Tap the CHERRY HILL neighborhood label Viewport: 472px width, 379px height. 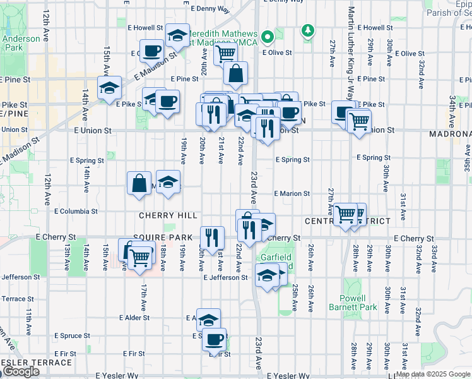pyautogui.click(x=168, y=215)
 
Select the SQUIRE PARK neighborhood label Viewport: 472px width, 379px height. pyautogui.click(x=162, y=237)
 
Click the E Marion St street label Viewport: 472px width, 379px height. pyautogui.click(x=292, y=194)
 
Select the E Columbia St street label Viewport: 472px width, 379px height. pyautogui.click(x=76, y=211)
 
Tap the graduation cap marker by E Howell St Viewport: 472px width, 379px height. pyautogui.click(x=179, y=35)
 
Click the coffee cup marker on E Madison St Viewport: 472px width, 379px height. pyautogui.click(x=151, y=51)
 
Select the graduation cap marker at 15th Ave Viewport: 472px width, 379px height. pyautogui.click(x=110, y=87)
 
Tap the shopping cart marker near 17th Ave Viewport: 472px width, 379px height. pyautogui.click(x=141, y=256)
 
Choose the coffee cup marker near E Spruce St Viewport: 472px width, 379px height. pyautogui.click(x=215, y=339)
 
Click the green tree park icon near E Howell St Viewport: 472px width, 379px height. pyautogui.click(x=308, y=30)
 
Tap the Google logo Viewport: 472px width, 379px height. pyautogui.click(x=21, y=371)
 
